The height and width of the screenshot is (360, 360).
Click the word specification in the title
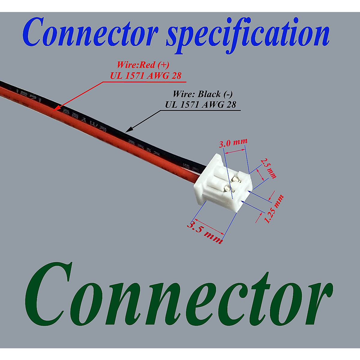[x=247, y=34]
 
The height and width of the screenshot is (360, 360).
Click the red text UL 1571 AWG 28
[x=146, y=76]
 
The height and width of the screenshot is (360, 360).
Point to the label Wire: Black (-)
[x=202, y=94]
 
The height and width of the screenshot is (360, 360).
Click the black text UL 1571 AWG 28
[x=200, y=104]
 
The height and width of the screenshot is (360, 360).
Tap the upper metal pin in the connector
[x=235, y=179]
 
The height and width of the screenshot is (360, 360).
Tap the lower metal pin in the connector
[x=227, y=189]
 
